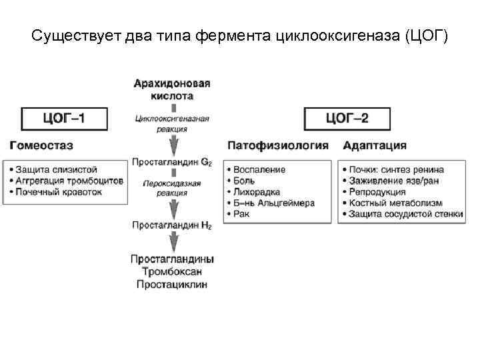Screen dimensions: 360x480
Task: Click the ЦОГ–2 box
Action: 348,119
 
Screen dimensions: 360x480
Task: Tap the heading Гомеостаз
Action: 41,145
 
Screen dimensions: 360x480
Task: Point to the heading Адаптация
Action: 375,145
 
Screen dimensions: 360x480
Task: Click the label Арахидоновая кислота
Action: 172,90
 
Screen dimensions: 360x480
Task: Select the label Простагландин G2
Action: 172,162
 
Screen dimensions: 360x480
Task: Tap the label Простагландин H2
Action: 172,225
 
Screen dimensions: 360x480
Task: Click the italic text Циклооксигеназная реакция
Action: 172,124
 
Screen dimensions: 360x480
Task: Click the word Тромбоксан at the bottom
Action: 172,272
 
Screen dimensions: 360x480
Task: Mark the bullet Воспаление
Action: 259,170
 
